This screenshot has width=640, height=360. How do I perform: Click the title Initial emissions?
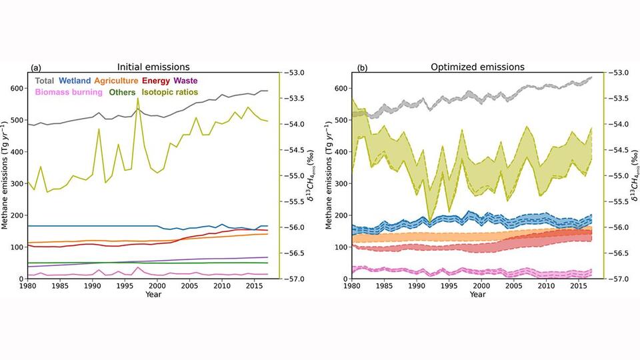pyautogui.click(x=153, y=67)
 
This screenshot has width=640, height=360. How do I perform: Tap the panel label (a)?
pyautogui.click(x=37, y=68)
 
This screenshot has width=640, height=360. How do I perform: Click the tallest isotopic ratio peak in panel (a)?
pyautogui.click(x=138, y=98)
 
